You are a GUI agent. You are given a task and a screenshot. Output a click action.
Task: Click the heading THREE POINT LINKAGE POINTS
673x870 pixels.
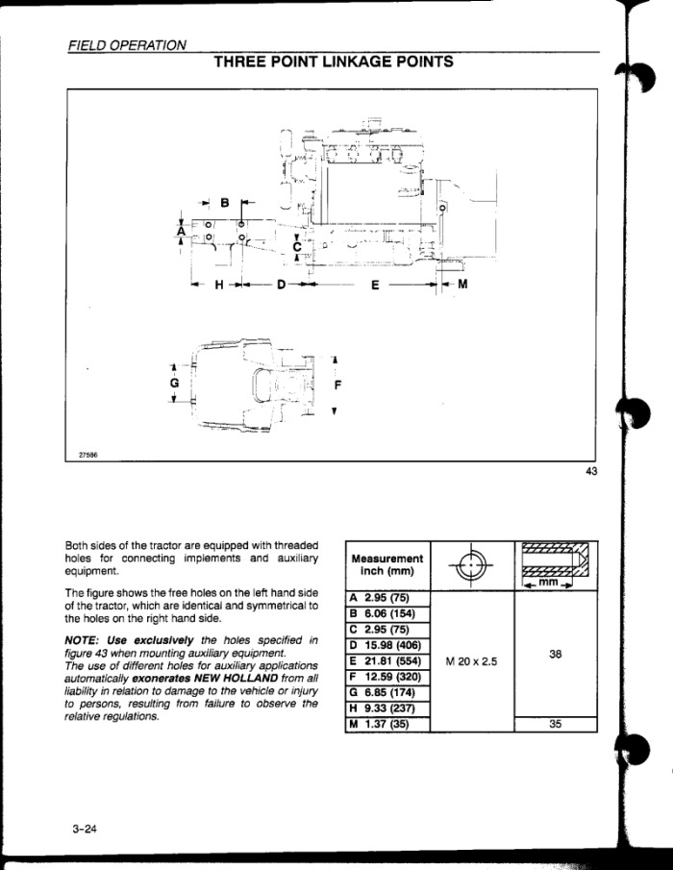pyautogui.click(x=334, y=62)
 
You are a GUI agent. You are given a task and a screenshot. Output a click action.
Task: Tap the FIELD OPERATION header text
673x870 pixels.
pyautogui.click(x=127, y=45)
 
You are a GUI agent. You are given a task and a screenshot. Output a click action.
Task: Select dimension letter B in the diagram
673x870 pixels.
pyautogui.click(x=225, y=203)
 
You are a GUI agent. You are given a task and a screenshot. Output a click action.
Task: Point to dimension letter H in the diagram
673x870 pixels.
pyautogui.click(x=219, y=286)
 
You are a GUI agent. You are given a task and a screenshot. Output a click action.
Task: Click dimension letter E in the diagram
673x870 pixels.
pyautogui.click(x=376, y=286)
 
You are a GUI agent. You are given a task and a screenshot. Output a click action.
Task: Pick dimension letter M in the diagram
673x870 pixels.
pyautogui.click(x=462, y=285)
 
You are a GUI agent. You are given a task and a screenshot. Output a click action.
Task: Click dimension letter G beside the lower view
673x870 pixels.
pyautogui.click(x=175, y=383)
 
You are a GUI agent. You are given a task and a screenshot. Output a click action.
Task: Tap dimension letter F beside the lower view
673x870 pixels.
pyautogui.click(x=338, y=384)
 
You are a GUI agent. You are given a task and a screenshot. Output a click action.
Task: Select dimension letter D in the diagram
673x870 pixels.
pyautogui.click(x=282, y=286)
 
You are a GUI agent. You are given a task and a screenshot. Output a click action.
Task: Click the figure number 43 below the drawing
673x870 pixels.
pyautogui.click(x=591, y=471)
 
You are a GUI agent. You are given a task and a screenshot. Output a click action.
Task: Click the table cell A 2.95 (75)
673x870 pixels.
pyautogui.click(x=387, y=598)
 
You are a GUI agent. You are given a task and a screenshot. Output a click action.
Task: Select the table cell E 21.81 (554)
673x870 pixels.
pyautogui.click(x=387, y=661)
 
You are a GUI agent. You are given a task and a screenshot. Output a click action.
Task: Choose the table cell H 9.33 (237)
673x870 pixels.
pyautogui.click(x=387, y=708)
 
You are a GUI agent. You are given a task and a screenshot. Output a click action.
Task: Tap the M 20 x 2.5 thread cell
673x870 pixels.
pyautogui.click(x=472, y=661)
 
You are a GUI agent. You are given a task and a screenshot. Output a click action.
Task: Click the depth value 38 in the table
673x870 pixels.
pyautogui.click(x=556, y=654)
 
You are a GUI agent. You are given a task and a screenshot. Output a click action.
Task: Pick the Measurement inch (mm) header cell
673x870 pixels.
pyautogui.click(x=387, y=564)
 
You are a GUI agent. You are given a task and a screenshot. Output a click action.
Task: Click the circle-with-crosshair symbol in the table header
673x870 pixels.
pyautogui.click(x=470, y=565)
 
